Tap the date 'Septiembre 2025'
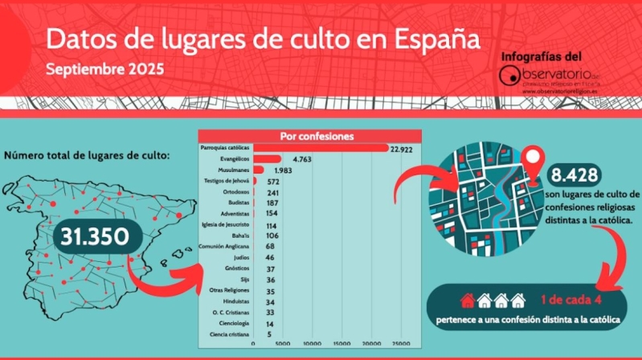pyautogui.click(x=104, y=69)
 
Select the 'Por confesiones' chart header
pyautogui.click(x=316, y=136)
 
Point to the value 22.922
pyautogui.click(x=402, y=149)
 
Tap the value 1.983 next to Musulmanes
pyautogui.click(x=284, y=170)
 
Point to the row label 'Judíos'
pyautogui.click(x=239, y=257)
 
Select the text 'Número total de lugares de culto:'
pyautogui.click(x=87, y=155)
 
